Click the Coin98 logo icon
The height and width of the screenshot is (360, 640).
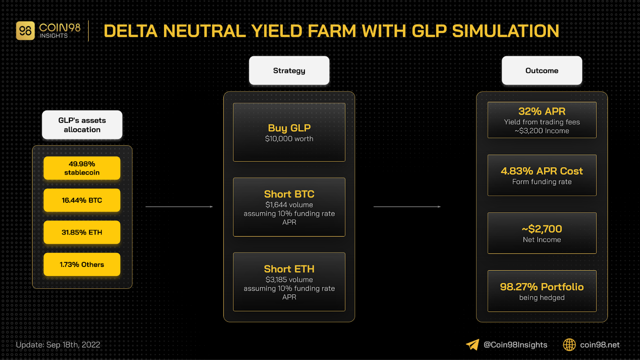(26, 30)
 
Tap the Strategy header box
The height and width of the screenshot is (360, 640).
(289, 70)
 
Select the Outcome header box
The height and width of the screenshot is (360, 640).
(542, 70)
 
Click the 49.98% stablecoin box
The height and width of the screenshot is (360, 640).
(82, 168)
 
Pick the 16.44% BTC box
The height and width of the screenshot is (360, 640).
(82, 200)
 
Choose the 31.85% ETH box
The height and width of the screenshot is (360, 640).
(82, 232)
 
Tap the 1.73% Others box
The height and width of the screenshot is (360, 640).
(82, 264)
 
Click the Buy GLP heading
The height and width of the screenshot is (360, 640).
(289, 128)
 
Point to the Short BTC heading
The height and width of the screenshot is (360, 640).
(289, 194)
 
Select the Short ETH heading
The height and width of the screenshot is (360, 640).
(289, 269)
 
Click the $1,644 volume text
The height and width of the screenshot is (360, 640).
(289, 204)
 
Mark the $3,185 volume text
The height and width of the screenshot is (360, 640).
(289, 280)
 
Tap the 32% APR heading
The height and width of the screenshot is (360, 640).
(542, 111)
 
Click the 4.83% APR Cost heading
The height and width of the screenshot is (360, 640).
(542, 171)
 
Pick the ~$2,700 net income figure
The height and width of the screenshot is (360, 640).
(542, 228)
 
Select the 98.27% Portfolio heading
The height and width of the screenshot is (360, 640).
(542, 286)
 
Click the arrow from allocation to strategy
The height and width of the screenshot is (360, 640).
(179, 206)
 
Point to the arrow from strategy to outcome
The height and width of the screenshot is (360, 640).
(407, 206)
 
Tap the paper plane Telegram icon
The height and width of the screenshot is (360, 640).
(472, 344)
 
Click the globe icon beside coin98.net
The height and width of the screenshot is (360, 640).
(569, 344)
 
